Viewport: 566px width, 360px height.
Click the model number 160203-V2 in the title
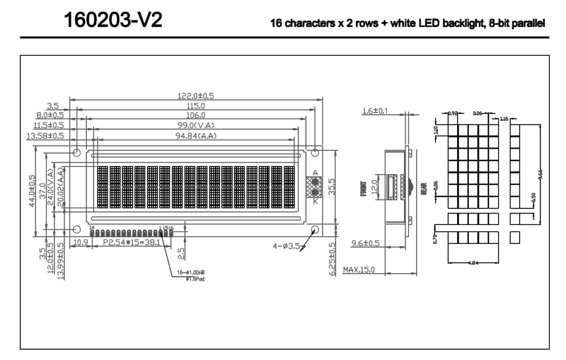pos(113,20)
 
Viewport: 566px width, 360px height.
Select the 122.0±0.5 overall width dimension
pos(195,96)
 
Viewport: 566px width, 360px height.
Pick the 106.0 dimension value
pos(196,115)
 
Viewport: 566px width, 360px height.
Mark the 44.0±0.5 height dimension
pos(33,191)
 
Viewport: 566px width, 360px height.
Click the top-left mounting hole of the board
pos(77,152)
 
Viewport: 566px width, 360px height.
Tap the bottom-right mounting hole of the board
pos(316,229)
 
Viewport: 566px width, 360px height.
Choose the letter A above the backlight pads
pos(315,173)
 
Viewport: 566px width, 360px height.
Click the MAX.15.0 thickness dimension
pos(359,270)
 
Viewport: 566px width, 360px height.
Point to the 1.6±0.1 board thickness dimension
pos(375,111)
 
